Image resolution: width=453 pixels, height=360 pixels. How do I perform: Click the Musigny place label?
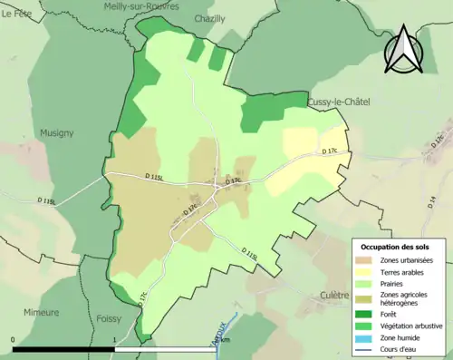pyautogui.click(x=56, y=132)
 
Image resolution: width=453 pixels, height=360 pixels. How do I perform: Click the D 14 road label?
pyautogui.click(x=431, y=201)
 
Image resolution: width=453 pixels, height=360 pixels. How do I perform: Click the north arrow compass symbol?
pyautogui.click(x=403, y=50)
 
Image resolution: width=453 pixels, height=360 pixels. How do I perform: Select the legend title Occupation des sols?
pyautogui.click(x=396, y=247)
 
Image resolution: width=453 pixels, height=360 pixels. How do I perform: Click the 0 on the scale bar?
pyautogui.click(x=14, y=340)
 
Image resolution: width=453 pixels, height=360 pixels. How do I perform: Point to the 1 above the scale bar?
pyautogui.click(x=114, y=340)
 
